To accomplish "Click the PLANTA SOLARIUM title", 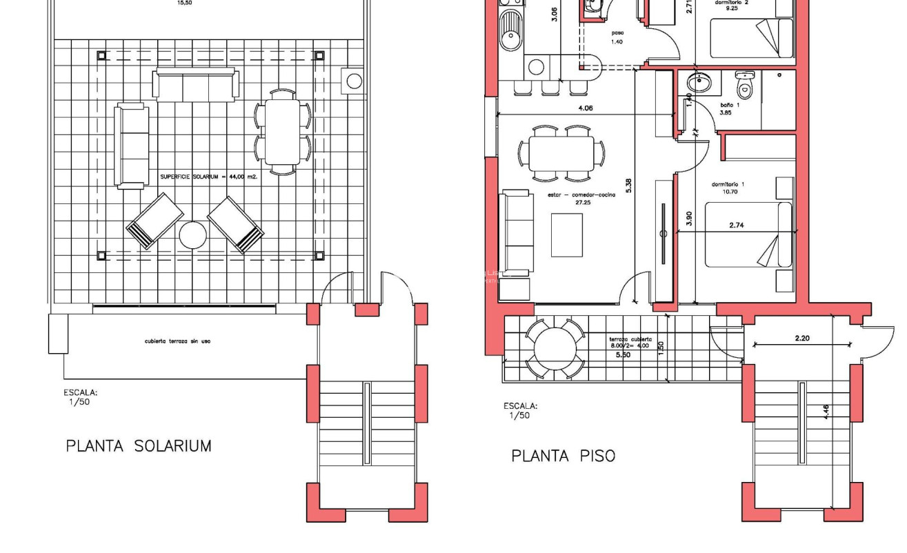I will click(x=139, y=446).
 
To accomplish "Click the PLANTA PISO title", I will click(x=563, y=456).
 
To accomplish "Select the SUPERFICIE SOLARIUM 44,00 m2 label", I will click(x=208, y=177).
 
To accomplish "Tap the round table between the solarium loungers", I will click(x=192, y=236).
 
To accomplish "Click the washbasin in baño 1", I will click(x=700, y=83).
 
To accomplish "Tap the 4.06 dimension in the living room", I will click(x=585, y=108).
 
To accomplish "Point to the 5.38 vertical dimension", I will click(x=628, y=186).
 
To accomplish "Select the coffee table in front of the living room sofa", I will click(x=566, y=235).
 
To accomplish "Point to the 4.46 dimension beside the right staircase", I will click(x=827, y=412).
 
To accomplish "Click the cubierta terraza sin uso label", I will click(x=177, y=341).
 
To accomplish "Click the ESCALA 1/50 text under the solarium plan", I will click(x=81, y=397).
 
